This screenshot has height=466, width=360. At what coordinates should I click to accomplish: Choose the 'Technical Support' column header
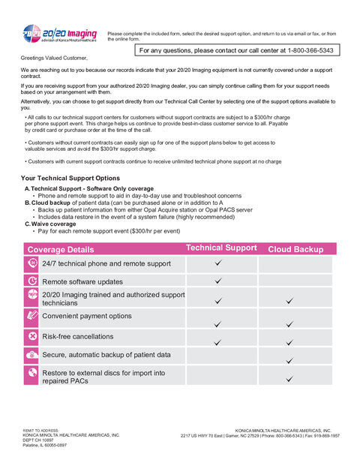click(x=220, y=248)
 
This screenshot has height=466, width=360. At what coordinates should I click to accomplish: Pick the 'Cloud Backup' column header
click(x=295, y=249)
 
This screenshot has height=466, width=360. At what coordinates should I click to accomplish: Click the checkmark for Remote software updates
click(x=217, y=281)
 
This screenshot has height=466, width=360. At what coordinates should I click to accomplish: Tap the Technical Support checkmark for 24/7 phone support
click(x=217, y=263)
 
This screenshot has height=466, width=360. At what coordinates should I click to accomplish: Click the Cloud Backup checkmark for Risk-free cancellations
click(x=289, y=341)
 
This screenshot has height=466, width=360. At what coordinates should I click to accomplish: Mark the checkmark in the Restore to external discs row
click(x=289, y=380)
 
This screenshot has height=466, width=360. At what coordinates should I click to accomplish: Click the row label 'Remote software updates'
click(x=82, y=281)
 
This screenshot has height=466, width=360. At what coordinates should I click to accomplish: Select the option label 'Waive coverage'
click(x=53, y=224)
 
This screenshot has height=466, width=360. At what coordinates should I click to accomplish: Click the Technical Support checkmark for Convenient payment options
click(x=217, y=324)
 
